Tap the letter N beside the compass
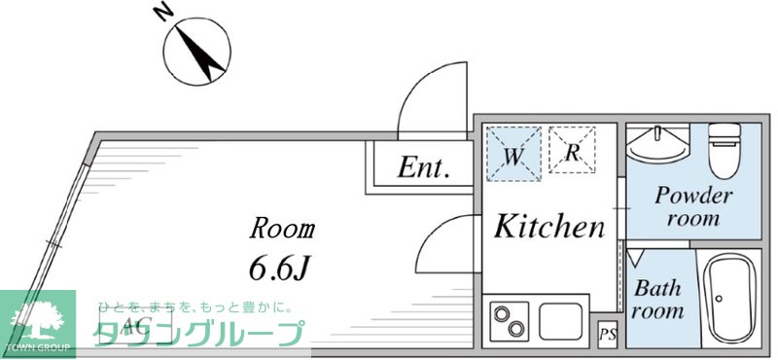coord(163,12)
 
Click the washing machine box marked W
coord(511,153)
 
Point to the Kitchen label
coord(548,228)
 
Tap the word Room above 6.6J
coord(282,230)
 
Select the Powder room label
coord(691,205)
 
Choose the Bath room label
coord(657,300)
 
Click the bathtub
coord(729,299)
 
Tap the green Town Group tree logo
coord(37,320)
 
